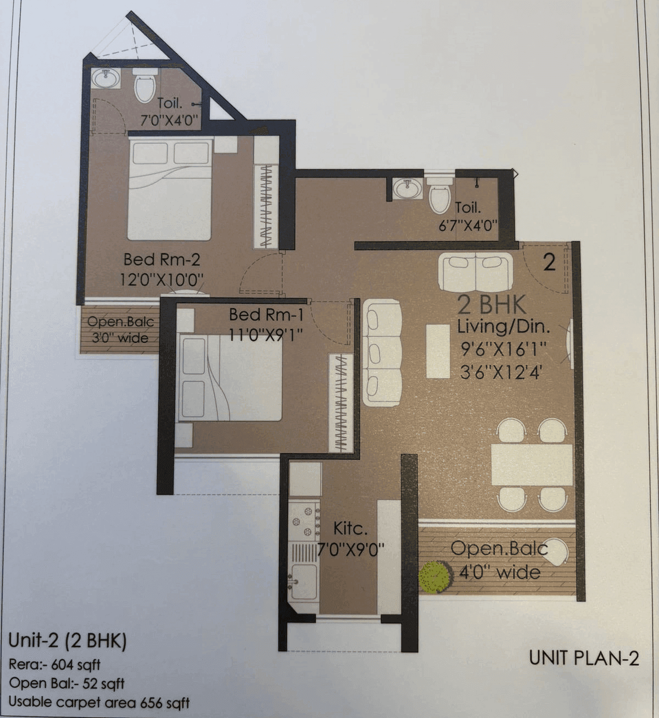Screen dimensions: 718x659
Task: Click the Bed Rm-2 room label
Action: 161,259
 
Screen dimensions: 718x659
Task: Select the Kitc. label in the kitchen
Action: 350,528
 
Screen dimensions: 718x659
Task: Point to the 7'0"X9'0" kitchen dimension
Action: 351,549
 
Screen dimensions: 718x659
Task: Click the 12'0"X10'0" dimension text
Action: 161,280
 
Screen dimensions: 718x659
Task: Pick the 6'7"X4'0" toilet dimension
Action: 468,226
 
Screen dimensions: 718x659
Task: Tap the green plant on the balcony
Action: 435,576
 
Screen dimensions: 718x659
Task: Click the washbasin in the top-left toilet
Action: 105,80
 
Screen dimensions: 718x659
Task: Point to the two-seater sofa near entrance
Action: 476,271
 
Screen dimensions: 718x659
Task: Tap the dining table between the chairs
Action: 531,464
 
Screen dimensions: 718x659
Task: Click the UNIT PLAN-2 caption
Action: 584,658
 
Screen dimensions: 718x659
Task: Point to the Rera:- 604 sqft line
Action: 54,665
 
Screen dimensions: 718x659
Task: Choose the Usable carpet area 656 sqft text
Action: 99,702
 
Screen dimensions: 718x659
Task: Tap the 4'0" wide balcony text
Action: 499,573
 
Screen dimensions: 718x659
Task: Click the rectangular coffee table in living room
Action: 438,350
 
